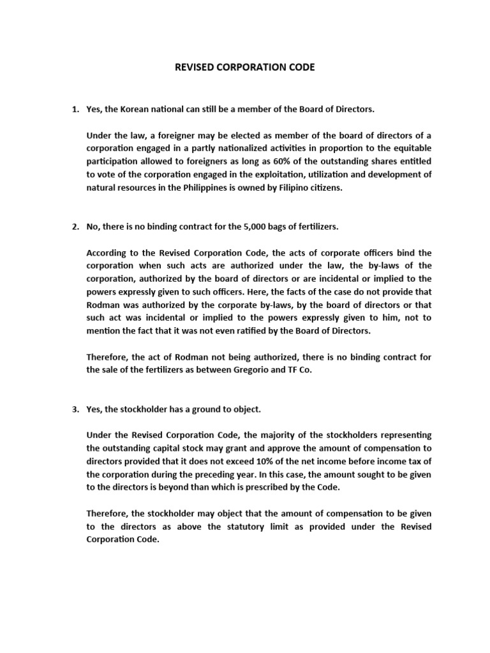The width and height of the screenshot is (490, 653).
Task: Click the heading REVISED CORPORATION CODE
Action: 245,67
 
